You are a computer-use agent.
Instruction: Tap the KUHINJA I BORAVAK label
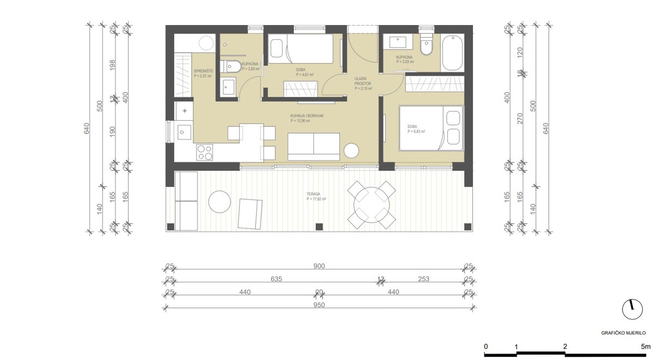point(300,117)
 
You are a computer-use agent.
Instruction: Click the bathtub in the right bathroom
point(452,53)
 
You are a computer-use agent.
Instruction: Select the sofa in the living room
point(314,146)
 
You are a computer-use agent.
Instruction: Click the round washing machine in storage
point(206,42)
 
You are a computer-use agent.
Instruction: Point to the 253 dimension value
point(424,279)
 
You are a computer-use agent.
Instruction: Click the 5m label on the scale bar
point(645,346)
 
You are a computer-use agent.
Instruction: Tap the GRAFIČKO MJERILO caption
point(623,332)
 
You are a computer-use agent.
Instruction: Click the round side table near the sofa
point(352,150)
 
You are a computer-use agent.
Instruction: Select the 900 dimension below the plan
point(319,266)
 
